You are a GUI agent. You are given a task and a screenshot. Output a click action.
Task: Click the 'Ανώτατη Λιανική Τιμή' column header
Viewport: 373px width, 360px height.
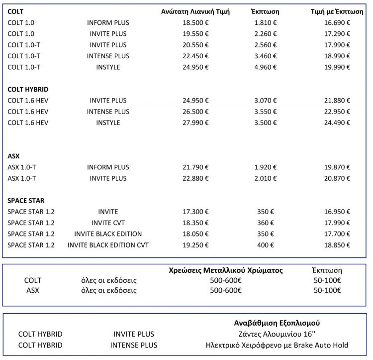tap(195, 11)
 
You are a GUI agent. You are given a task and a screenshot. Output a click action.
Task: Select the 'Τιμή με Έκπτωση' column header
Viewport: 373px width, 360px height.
tap(337, 11)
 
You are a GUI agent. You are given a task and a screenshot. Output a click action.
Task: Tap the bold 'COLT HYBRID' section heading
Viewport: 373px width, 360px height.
tap(28, 89)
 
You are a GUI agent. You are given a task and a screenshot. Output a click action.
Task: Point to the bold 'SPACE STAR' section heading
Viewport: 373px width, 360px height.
tap(26, 201)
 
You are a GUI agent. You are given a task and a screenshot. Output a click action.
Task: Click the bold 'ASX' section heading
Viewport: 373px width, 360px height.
tap(13, 156)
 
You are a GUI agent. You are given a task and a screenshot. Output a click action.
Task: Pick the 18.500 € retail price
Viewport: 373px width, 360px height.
tap(195, 22)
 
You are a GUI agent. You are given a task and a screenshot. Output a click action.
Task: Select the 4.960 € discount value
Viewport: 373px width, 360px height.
tap(265, 67)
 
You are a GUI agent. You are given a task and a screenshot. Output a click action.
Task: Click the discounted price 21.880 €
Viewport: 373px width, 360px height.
tap(337, 101)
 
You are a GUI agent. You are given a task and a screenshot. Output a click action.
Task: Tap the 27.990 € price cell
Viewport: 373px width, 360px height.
tap(195, 122)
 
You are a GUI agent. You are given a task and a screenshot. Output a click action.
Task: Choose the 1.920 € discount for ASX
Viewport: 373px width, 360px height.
tap(265, 167)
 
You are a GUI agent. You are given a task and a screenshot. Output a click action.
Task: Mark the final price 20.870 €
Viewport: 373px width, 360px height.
tap(337, 178)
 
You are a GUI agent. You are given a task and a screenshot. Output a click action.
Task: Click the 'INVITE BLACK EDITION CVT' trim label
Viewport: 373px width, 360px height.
tap(108, 245)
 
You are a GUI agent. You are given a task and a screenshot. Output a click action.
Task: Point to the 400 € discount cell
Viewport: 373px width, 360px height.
tap(265, 245)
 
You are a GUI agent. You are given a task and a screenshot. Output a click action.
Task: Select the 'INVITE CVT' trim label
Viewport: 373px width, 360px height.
tap(108, 223)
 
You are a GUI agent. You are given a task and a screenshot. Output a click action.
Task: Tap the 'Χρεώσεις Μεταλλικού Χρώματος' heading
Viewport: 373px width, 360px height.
tap(226, 270)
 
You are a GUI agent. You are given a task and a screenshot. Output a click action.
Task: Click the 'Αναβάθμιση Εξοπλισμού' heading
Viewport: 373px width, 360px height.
tap(277, 323)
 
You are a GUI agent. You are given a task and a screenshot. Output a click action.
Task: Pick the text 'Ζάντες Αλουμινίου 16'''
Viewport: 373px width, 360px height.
tap(277, 334)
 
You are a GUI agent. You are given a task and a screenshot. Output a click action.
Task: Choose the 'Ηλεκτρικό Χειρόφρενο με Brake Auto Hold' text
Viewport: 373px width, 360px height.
tap(277, 345)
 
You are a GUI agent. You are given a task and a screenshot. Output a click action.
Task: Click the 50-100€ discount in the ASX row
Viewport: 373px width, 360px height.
tap(327, 290)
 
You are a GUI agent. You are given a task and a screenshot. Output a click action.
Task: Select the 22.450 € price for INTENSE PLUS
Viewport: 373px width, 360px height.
tap(195, 56)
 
